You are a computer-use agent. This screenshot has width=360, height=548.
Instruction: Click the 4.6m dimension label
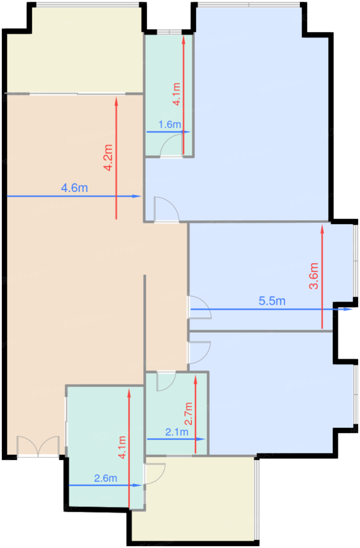[74, 188]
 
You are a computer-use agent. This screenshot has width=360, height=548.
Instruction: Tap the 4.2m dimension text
[108, 158]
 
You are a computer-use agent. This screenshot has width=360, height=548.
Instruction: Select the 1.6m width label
[169, 124]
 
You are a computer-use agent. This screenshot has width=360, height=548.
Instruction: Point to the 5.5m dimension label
[272, 301]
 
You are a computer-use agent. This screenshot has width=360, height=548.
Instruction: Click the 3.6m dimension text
[314, 276]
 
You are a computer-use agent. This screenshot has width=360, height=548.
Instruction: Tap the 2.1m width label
[176, 432]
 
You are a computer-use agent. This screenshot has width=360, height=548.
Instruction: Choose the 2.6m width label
[106, 478]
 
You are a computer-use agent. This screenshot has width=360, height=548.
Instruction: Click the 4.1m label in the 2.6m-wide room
[122, 447]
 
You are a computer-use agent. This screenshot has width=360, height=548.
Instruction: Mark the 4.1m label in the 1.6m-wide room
[176, 94]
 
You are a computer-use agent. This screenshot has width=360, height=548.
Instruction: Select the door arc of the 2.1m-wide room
[165, 381]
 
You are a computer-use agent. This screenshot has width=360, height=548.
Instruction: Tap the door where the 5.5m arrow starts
[199, 308]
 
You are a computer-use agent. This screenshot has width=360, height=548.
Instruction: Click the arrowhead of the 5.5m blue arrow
[349, 309]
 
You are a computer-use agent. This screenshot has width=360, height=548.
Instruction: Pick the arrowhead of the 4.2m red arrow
[116, 101]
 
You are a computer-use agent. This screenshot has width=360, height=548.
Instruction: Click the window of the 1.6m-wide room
[169, 32]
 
